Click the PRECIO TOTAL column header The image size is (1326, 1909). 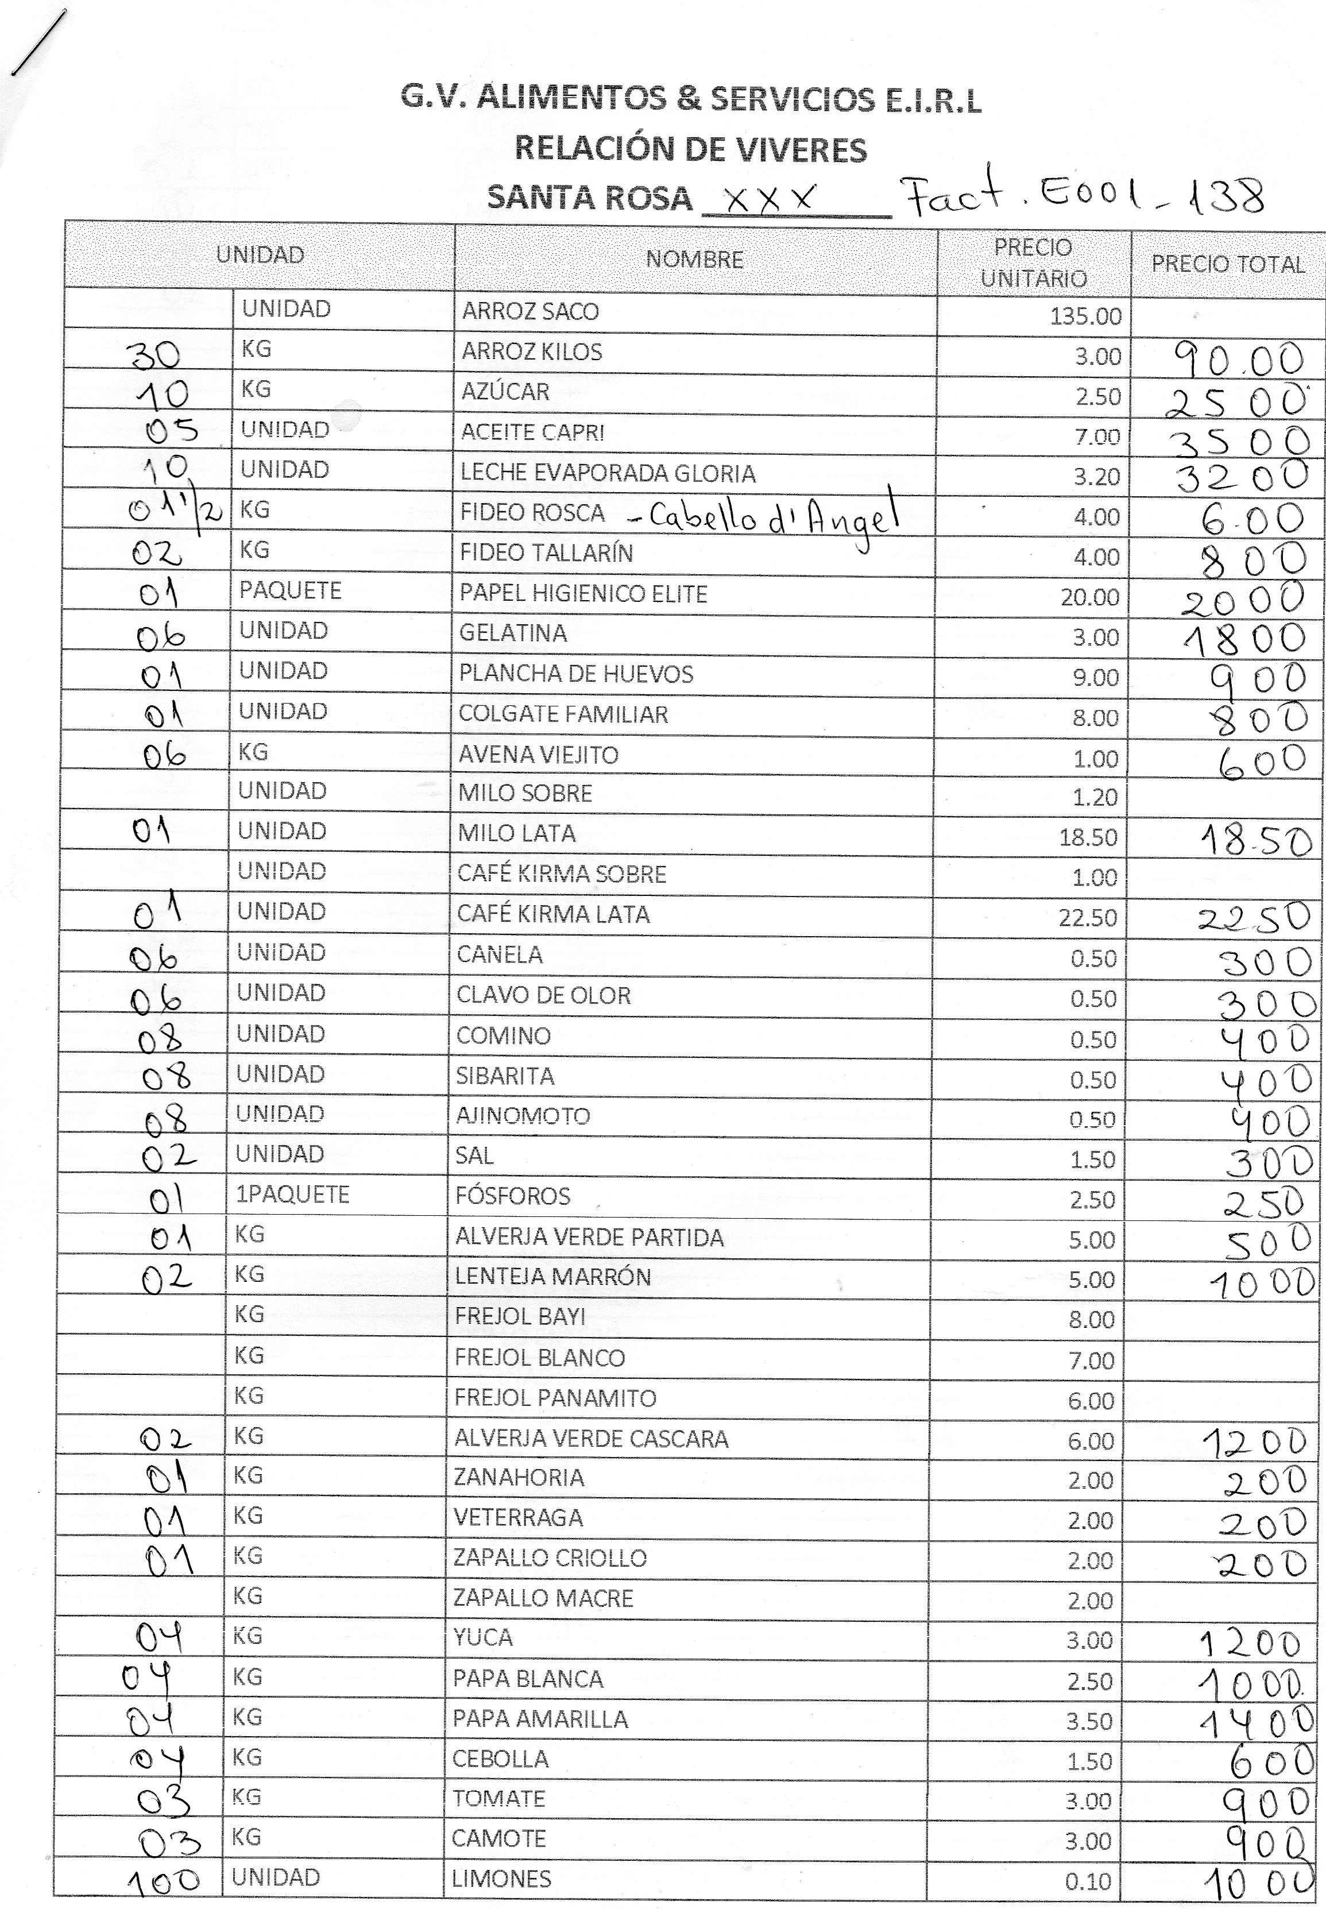tap(1227, 264)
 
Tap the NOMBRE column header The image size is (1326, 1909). tap(694, 259)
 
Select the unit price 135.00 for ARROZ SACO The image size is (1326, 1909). tap(1085, 316)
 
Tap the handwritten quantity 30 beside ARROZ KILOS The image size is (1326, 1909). tap(154, 355)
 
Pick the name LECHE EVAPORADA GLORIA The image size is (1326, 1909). tap(608, 473)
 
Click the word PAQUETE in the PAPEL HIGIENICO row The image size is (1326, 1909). tap(290, 590)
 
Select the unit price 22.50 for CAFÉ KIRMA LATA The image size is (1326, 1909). tap(1088, 917)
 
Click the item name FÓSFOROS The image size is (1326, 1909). tap(513, 1196)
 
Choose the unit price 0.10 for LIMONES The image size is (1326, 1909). tap(1088, 1881)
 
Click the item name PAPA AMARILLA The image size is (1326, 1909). tap(540, 1719)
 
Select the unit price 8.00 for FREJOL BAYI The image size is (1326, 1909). tap(1091, 1319)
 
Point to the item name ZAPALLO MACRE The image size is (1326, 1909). tap(543, 1598)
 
